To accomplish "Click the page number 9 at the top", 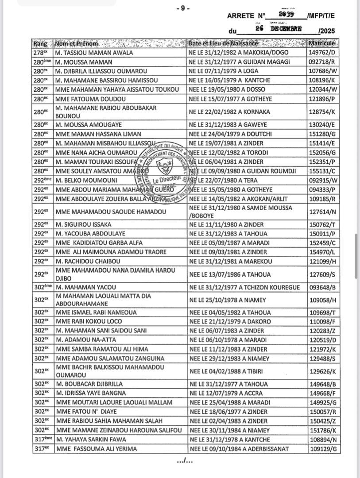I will [182, 8].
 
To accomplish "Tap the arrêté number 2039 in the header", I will [286, 14].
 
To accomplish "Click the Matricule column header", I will [322, 43].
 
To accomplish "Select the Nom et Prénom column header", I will [77, 44].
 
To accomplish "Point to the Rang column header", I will [42, 44].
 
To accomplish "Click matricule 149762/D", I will [322, 53].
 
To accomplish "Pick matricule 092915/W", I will [323, 180].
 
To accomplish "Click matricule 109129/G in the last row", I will [323, 449].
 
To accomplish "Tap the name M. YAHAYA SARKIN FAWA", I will [91, 439].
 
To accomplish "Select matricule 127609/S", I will [323, 274].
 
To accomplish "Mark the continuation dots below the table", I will [185, 461].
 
